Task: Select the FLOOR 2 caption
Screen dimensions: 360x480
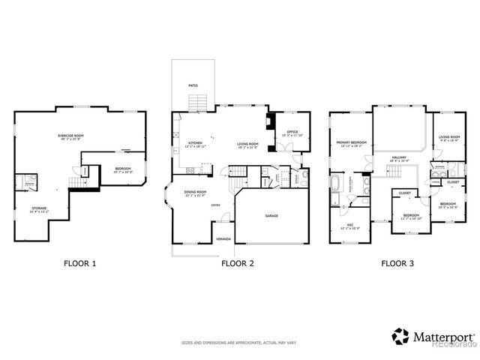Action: coord(238,263)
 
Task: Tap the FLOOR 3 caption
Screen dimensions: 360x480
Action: coord(397,263)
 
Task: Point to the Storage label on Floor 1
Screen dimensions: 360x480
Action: coord(39,209)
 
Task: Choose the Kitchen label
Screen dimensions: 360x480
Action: coord(196,144)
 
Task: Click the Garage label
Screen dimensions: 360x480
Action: coord(271,216)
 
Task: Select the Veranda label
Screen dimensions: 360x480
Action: coord(223,238)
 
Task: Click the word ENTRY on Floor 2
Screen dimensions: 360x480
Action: coord(215,205)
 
